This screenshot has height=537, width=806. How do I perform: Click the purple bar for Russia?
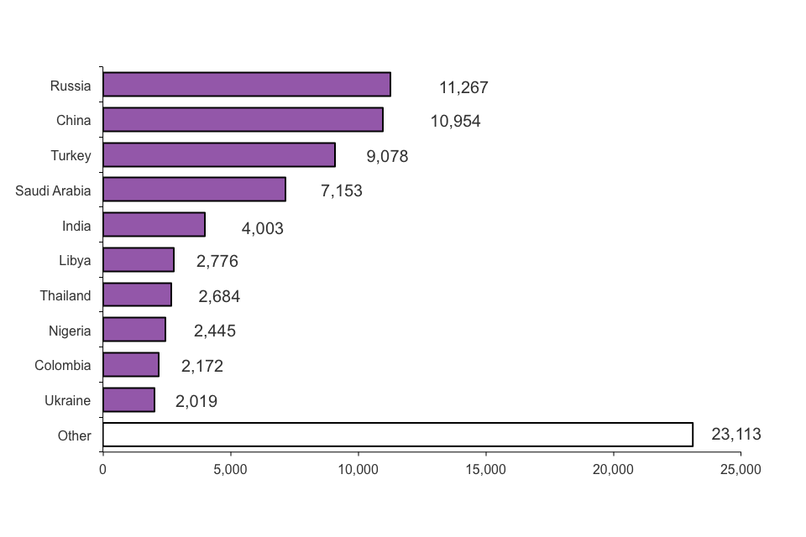pyautogui.click(x=246, y=85)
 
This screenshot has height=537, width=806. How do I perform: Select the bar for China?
pyautogui.click(x=243, y=120)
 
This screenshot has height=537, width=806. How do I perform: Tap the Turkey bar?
pyautogui.click(x=218, y=155)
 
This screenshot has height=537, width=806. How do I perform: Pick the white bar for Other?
pyautogui.click(x=397, y=435)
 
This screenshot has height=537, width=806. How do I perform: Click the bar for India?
pyautogui.click(x=154, y=225)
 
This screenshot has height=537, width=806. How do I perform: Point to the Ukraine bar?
pyautogui.click(x=128, y=400)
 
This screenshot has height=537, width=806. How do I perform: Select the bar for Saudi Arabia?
pyautogui.click(x=194, y=190)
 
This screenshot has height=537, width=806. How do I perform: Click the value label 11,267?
pyautogui.click(x=463, y=87)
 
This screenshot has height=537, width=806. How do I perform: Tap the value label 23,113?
pyautogui.click(x=735, y=435)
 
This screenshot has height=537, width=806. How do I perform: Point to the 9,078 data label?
pyautogui.click(x=387, y=156)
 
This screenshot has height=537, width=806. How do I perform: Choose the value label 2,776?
pyautogui.click(x=217, y=261)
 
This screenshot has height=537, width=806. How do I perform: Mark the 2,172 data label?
pyautogui.click(x=202, y=366)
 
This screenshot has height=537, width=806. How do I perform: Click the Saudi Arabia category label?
pyautogui.click(x=53, y=190)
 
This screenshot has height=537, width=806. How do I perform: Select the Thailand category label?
pyautogui.click(x=65, y=295)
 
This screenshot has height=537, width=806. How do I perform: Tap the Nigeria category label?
pyautogui.click(x=70, y=331)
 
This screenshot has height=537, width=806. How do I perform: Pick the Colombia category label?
pyautogui.click(x=63, y=366)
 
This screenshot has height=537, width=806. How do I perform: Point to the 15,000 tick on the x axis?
pyautogui.click(x=486, y=470)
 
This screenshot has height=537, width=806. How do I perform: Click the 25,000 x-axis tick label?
pyautogui.click(x=741, y=470)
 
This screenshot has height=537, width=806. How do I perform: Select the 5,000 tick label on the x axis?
pyautogui.click(x=230, y=470)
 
